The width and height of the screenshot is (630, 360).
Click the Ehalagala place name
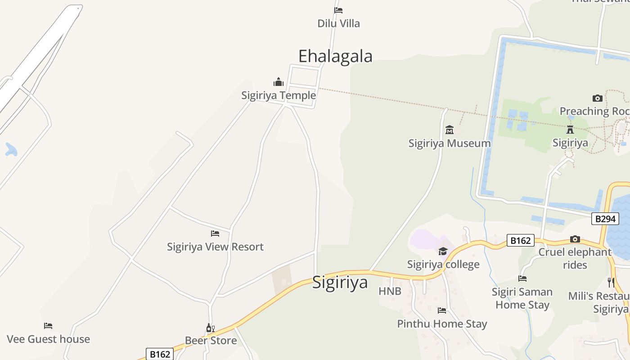tap(335, 56)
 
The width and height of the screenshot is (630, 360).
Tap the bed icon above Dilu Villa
tap(338, 10)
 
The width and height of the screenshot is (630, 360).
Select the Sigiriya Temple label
tap(279, 95)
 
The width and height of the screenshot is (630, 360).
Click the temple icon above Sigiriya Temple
tap(279, 82)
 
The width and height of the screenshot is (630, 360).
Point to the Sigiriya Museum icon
tap(449, 130)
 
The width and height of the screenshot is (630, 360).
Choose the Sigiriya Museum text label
tap(449, 144)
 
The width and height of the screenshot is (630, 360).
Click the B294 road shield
tap(605, 219)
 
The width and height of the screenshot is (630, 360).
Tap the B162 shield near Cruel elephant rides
tap(520, 241)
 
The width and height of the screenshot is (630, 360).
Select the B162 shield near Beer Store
tap(159, 354)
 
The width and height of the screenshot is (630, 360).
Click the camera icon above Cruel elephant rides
tap(575, 239)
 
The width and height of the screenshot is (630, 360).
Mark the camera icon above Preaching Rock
tap(597, 98)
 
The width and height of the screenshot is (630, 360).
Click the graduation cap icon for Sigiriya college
tap(443, 251)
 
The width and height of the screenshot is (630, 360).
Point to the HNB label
tap(390, 291)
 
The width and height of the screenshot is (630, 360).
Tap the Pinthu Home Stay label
tap(442, 324)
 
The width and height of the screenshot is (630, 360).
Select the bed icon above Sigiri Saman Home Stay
tap(522, 279)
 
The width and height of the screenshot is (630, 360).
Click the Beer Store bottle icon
tap(210, 328)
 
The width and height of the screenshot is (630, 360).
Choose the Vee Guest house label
tap(48, 339)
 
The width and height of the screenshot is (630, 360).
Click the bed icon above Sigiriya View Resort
tap(215, 233)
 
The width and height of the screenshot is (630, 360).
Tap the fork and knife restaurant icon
tap(611, 283)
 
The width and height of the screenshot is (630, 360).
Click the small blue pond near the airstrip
tap(11, 149)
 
